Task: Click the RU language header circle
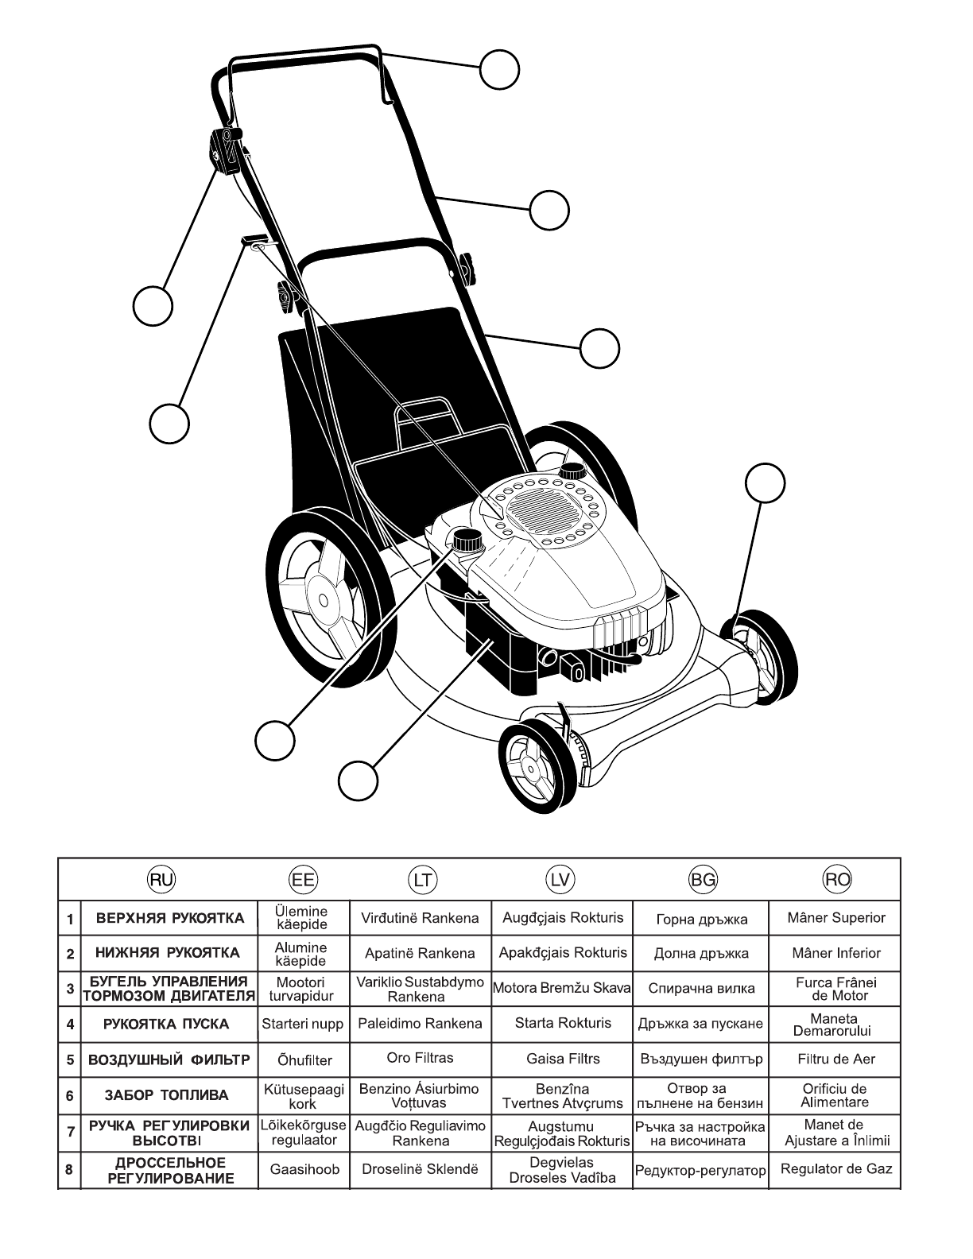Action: tap(163, 879)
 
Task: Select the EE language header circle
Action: tap(303, 879)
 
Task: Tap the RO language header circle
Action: tap(836, 879)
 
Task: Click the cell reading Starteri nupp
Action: tap(302, 1024)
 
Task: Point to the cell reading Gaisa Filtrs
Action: tap(563, 1059)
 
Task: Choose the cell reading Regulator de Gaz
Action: tap(836, 1168)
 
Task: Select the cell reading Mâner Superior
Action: tap(836, 917)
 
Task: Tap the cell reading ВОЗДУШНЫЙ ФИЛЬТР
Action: tap(169, 1059)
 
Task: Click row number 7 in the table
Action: tap(70, 1132)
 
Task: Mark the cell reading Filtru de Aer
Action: tap(836, 1059)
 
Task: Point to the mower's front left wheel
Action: tap(537, 765)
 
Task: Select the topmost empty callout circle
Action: tap(500, 69)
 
